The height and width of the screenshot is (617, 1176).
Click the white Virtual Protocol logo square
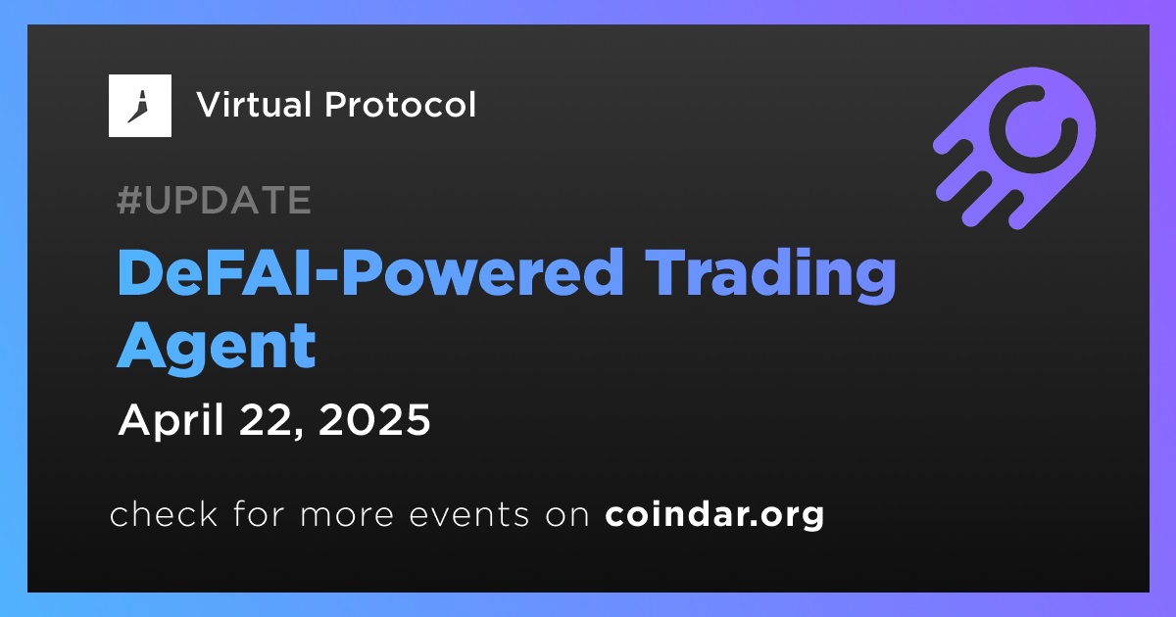coord(139,106)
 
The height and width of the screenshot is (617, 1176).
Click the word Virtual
coord(254,104)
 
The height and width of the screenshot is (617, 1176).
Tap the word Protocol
coord(400,104)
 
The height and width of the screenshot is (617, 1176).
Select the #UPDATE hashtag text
coord(214,200)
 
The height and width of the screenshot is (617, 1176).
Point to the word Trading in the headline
coord(770,275)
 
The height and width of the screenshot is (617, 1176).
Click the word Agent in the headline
coord(217,347)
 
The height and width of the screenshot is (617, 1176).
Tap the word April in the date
coord(171,421)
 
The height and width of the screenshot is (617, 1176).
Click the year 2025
coord(374,420)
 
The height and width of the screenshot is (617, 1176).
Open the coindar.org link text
coord(714,514)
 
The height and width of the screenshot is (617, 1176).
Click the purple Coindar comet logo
coord(1014,148)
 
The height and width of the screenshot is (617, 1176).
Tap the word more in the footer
coord(347,515)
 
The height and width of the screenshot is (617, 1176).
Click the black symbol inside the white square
coord(138,107)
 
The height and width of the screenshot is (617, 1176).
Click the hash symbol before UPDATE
coord(128,200)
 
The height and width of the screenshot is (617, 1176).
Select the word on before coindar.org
coord(568,515)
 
